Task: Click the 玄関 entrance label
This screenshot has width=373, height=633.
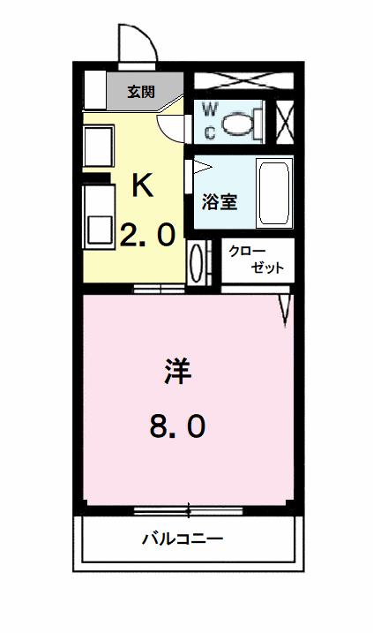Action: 141,92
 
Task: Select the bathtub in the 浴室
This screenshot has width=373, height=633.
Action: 274,193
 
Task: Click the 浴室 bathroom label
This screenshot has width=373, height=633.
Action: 220,202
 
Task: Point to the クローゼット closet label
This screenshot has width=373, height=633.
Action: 256,260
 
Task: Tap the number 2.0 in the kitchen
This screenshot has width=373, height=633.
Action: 148,235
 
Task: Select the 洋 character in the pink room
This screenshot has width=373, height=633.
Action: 177,370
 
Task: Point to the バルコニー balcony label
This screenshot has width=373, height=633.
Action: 183,539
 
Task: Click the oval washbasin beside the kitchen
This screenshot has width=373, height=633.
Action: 197,263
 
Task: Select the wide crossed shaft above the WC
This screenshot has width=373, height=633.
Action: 243,80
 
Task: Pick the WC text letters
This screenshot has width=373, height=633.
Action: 209,121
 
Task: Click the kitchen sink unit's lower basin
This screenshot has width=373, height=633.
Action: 99,230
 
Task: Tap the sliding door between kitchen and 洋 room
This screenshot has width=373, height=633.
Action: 159,289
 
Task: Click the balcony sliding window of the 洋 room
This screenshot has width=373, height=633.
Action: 189,511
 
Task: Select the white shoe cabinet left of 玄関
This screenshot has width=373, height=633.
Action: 95,90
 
